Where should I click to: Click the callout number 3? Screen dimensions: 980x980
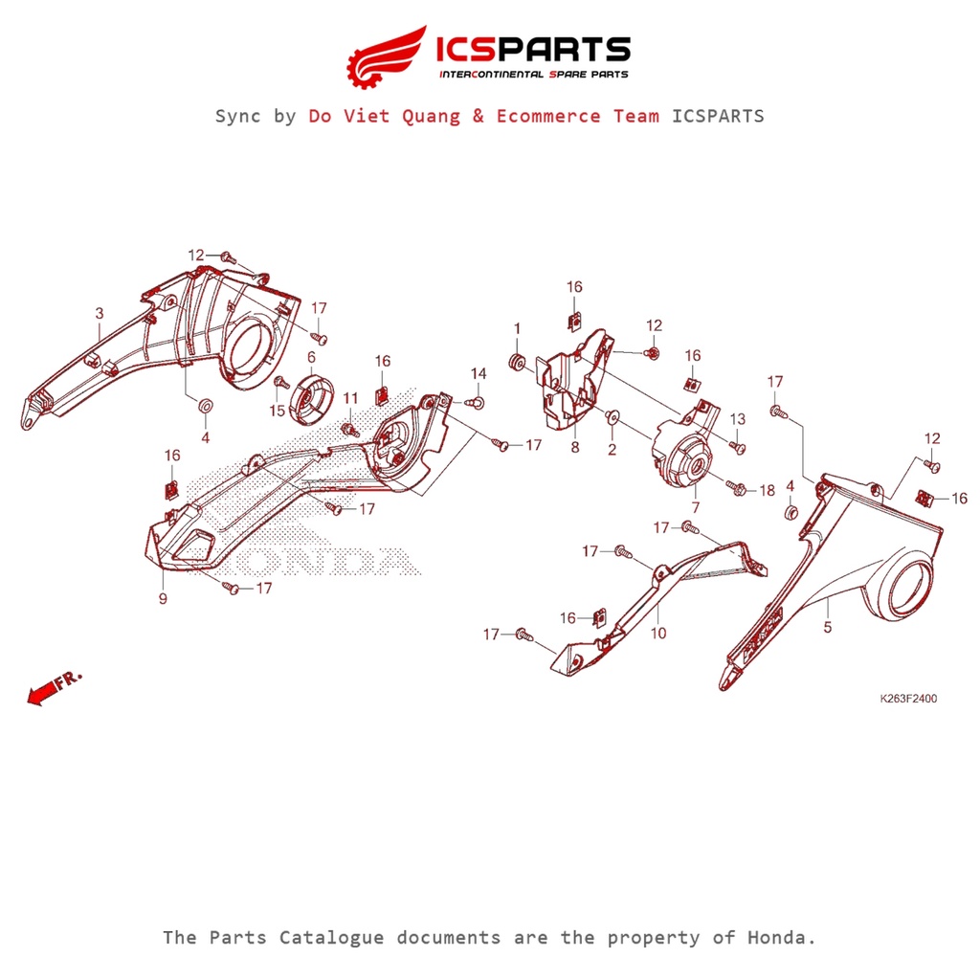pos(99,313)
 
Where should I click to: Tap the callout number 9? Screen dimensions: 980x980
pos(163,599)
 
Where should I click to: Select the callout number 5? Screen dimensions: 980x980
pos(828,628)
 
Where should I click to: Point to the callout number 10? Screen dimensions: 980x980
pos(658,634)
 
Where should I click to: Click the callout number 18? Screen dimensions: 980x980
pos(768,490)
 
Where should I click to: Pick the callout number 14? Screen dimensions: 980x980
pos(479,372)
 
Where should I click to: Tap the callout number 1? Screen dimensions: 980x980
pos(517,328)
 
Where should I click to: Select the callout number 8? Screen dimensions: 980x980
pos(574,447)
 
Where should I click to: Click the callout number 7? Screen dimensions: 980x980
pos(695,506)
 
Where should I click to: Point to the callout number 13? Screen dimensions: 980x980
pos(738,419)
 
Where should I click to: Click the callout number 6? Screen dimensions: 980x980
pos(311,357)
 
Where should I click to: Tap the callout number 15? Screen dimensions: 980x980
pos(277,411)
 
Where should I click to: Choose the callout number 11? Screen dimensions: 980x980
pos(350,397)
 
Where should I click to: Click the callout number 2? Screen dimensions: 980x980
pos(612,447)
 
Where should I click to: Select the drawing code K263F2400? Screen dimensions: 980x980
pos(908,699)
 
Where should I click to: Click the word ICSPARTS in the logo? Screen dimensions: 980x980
pos(532,49)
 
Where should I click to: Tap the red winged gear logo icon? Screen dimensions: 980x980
pos(385,56)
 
